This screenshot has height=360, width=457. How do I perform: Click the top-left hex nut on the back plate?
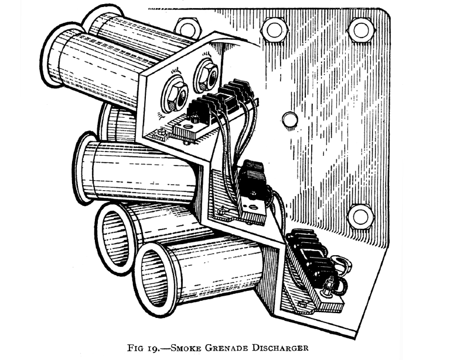[187, 28]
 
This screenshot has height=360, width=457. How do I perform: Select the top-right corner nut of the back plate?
[360, 29]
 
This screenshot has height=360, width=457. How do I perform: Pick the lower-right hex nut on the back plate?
[360, 215]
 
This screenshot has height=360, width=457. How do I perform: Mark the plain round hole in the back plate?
[289, 119]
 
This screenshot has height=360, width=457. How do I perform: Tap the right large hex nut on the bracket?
[206, 75]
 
